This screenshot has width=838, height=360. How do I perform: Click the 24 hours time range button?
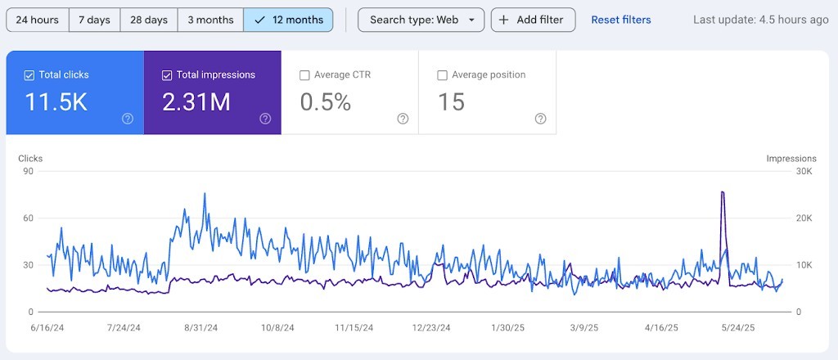pyautogui.click(x=37, y=20)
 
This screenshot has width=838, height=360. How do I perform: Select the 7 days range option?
pyautogui.click(x=94, y=20)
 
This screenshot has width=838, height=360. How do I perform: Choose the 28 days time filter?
pyautogui.click(x=148, y=20)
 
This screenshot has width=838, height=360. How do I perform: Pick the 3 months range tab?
pyautogui.click(x=210, y=20)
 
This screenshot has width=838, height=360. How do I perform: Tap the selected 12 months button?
pyautogui.click(x=288, y=20)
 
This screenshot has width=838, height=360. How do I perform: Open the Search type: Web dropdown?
pyautogui.click(x=421, y=20)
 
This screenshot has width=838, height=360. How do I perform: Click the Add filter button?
pyautogui.click(x=533, y=20)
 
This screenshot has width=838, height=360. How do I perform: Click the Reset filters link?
pyautogui.click(x=621, y=20)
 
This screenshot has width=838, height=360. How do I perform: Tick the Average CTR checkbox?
pyautogui.click(x=305, y=75)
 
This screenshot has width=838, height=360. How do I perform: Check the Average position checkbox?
pyautogui.click(x=443, y=75)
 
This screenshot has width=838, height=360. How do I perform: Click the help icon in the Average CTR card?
pyautogui.click(x=403, y=119)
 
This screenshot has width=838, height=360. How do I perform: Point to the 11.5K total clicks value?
pyautogui.click(x=56, y=102)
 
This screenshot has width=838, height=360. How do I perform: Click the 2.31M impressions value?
pyautogui.click(x=196, y=102)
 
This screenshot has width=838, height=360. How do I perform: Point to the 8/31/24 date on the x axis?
pyautogui.click(x=200, y=327)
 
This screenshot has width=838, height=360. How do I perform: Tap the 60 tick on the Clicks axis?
pyautogui.click(x=29, y=218)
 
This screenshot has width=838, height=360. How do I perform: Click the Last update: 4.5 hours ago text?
pyautogui.click(x=760, y=20)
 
